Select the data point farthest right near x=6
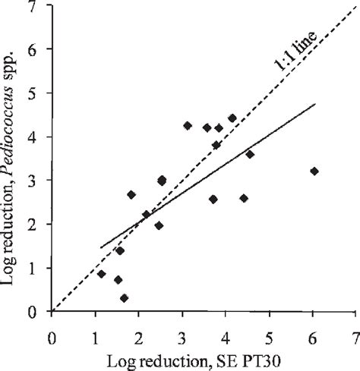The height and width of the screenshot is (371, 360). click(314, 171)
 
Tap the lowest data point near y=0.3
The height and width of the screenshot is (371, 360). click(124, 298)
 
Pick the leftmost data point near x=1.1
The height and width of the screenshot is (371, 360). click(101, 274)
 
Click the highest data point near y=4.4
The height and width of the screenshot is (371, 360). click(232, 118)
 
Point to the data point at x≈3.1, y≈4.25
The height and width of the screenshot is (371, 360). click(188, 126)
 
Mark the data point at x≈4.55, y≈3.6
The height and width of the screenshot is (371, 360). click(250, 154)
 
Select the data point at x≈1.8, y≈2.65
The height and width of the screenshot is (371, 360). click(131, 195)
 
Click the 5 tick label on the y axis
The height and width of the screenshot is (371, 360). click(33, 93)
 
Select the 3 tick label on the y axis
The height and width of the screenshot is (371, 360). click(33, 181)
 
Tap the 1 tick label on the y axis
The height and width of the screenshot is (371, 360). click(33, 269)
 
